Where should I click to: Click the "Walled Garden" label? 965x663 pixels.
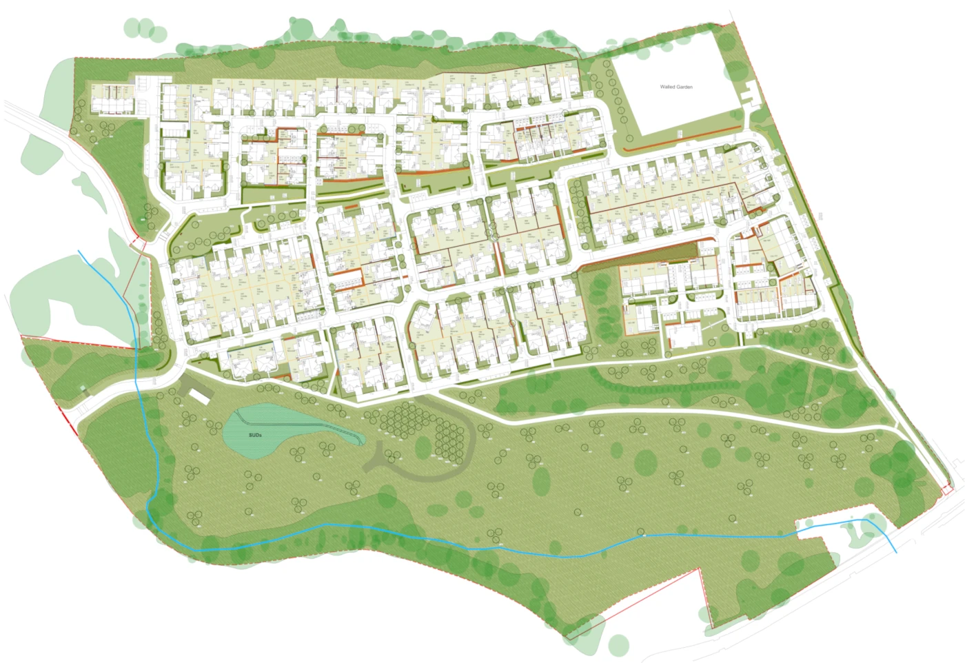675,88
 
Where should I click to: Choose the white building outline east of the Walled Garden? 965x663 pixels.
751,94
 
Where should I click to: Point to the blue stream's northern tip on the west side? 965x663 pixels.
81,252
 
